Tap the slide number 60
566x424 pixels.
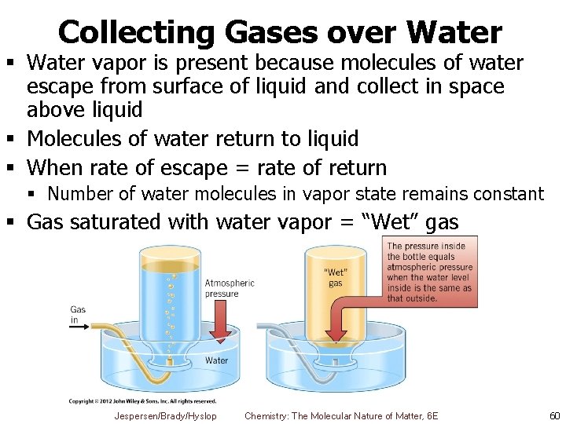coord(554,415)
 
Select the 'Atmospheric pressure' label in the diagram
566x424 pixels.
coord(230,288)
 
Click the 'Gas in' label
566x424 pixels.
coord(78,315)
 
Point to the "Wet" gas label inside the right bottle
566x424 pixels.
coord(336,278)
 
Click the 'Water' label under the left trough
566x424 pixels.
coord(216,360)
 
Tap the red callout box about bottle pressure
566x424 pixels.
coord(431,272)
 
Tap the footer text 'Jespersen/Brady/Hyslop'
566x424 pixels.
coord(165,415)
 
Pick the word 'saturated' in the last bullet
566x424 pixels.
coord(126,222)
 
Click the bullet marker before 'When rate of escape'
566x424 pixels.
coord(14,167)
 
